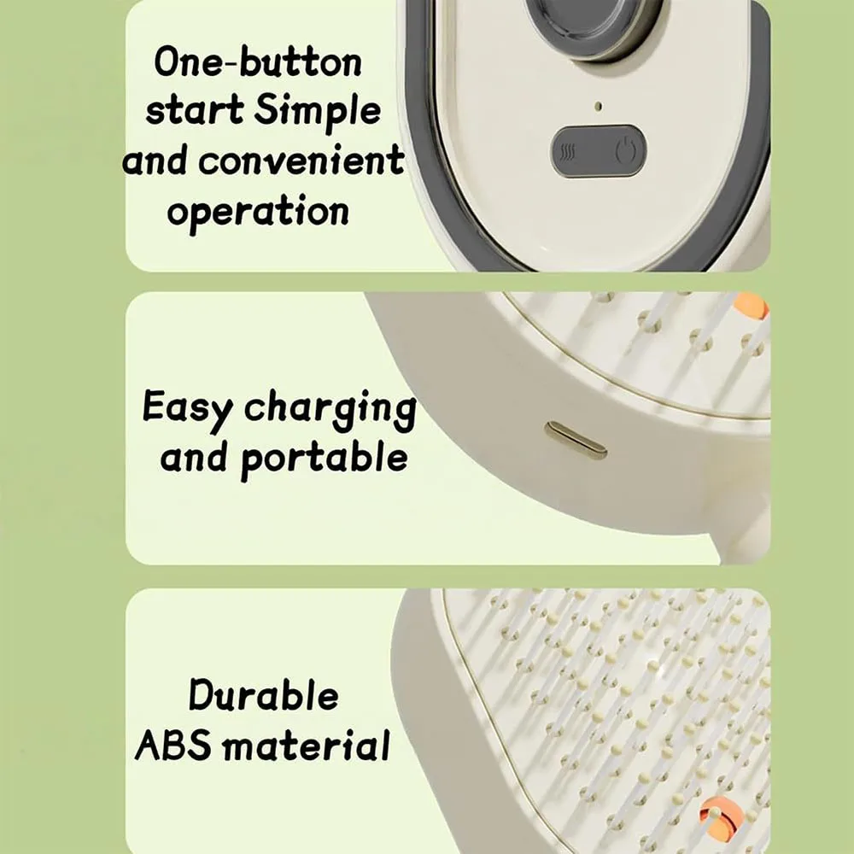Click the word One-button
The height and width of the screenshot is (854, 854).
click(258, 61)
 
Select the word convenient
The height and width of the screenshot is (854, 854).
click(301, 161)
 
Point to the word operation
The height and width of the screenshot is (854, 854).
click(258, 211)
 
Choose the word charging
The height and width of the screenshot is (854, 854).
click(330, 410)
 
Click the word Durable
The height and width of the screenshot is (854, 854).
click(264, 695)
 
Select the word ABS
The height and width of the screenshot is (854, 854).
click(173, 745)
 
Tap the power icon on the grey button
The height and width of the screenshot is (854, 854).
click(625, 150)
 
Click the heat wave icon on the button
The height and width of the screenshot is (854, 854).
click(569, 154)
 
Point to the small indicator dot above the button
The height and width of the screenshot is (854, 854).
click(598, 106)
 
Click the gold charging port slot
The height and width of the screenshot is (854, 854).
click(576, 440)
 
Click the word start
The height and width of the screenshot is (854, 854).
click(194, 110)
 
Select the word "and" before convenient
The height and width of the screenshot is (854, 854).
click(155, 161)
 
